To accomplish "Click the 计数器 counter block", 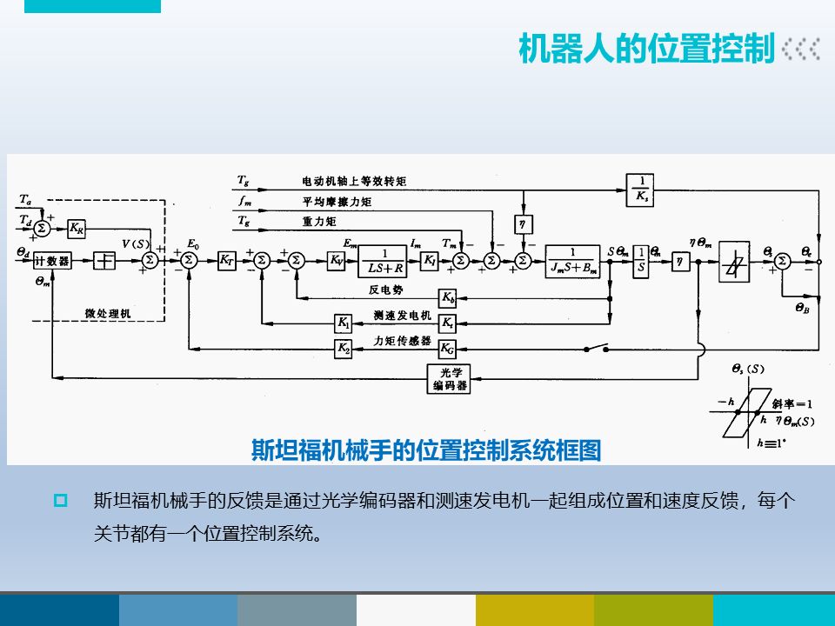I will pos(53,261).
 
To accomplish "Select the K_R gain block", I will pos(77,230).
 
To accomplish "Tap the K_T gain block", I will pos(226,260).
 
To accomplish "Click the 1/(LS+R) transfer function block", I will pos(384,260).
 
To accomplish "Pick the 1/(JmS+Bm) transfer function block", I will pos(571,260).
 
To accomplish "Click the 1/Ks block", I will pos(640,187).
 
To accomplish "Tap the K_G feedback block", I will pos(447,348).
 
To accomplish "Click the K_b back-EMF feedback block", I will pos(447,298).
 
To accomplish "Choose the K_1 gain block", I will pos(344,323).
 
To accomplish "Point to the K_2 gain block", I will pos(344,348).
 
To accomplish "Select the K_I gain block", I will pos(430,260).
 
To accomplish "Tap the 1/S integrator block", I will pos(641,260).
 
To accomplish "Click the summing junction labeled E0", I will pos(186,260).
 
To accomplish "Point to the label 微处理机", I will pos(109,312).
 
